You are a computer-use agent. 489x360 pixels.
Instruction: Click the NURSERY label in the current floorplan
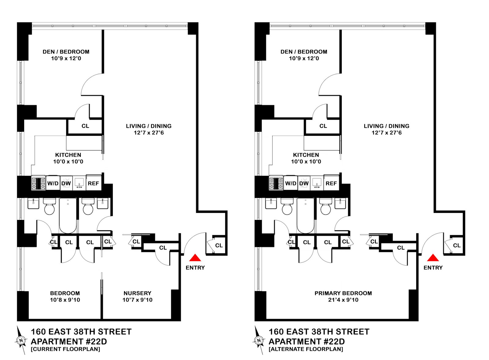pyautogui.click(x=137, y=293)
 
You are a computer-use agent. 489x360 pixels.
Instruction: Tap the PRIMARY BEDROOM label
pyautogui.click(x=343, y=293)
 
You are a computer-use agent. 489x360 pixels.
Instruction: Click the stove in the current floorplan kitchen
pyautogui.click(x=38, y=183)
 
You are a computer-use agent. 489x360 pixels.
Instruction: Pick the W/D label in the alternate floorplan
pyautogui.click(x=291, y=184)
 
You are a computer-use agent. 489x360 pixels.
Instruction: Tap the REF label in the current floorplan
pyautogui.click(x=93, y=184)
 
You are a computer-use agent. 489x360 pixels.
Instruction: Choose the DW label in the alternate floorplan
pyautogui.click(x=304, y=184)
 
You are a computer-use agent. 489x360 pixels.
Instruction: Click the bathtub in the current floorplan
pyautogui.click(x=68, y=215)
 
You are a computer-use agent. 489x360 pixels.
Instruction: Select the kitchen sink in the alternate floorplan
pyautogui.click(x=317, y=183)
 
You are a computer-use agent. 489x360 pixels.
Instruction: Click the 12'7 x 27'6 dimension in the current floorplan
pyautogui.click(x=149, y=133)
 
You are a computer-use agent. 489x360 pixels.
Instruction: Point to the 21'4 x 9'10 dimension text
pyautogui.click(x=343, y=300)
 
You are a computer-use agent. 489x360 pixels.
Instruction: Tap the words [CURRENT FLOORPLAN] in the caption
pyautogui.click(x=65, y=349)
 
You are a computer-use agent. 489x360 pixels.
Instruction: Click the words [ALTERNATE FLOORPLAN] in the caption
pyautogui.click(x=306, y=349)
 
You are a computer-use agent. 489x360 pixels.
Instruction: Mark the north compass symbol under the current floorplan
pyautogui.click(x=21, y=340)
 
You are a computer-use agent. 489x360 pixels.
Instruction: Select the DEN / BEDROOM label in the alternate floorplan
pyautogui.click(x=304, y=52)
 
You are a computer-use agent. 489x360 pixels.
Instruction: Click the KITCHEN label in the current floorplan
pyautogui.click(x=68, y=155)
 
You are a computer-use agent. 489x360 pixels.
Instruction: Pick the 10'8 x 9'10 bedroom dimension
pyautogui.click(x=65, y=300)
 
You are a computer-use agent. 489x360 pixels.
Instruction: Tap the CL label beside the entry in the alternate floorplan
pyautogui.click(x=457, y=245)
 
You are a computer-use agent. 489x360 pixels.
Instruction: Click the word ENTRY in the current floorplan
pyautogui.click(x=195, y=268)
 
